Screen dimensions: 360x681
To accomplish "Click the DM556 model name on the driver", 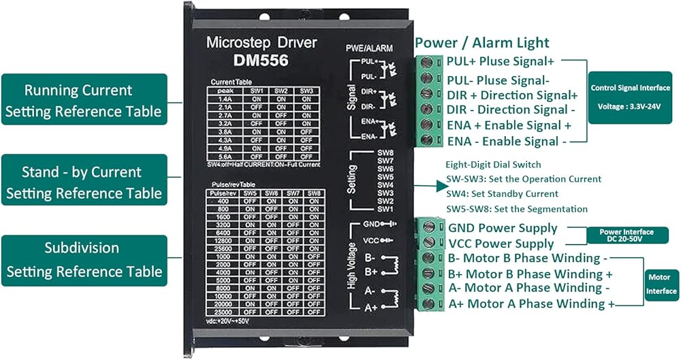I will pyautogui.click(x=260, y=60).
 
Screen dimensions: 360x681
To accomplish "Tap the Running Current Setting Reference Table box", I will pyautogui.click(x=84, y=101).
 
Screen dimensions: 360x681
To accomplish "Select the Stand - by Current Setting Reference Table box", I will pyautogui.click(x=84, y=182).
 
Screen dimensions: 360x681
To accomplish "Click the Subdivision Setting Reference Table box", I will pyautogui.click(x=84, y=260).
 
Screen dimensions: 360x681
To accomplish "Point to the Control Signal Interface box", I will pyautogui.click(x=629, y=97).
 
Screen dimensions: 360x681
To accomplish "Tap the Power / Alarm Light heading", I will pyautogui.click(x=481, y=43).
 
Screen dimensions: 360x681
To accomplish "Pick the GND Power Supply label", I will pyautogui.click(x=503, y=228).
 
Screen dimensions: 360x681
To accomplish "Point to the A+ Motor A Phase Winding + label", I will pyautogui.click(x=531, y=304).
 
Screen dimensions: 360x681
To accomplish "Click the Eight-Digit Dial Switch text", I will pyautogui.click(x=493, y=164).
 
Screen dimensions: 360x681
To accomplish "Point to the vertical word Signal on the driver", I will pyautogui.click(x=351, y=97).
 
